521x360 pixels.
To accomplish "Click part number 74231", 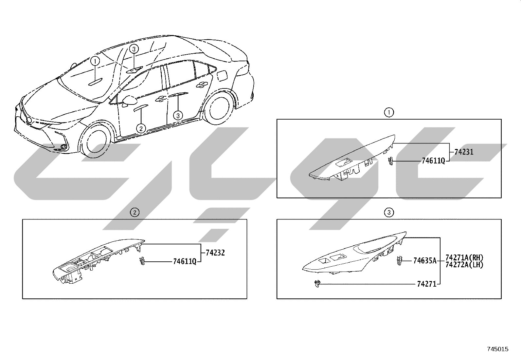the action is [464, 152].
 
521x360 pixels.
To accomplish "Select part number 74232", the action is [215, 253].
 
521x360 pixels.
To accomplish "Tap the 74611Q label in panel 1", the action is [433, 161].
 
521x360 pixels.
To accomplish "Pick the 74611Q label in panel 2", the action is [185, 261].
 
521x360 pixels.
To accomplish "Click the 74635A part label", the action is [425, 261].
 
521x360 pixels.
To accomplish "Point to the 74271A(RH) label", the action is [464, 257].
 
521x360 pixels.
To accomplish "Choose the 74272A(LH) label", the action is [464, 265].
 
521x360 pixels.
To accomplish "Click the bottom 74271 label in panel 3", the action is [427, 284].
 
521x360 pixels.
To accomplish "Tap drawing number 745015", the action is [498, 349].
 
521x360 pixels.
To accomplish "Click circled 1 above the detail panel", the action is [389, 112].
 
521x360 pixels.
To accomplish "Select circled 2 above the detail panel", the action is [135, 212].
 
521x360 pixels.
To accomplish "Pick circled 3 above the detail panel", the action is [389, 212].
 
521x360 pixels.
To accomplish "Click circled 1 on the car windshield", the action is [95, 61].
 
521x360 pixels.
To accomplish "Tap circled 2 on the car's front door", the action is [141, 128].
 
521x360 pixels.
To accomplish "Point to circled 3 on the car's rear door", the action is [178, 116].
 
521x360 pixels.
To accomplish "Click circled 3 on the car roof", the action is [134, 49].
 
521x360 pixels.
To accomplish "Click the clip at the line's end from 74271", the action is [317, 284].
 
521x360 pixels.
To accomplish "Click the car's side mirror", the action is [129, 101].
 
